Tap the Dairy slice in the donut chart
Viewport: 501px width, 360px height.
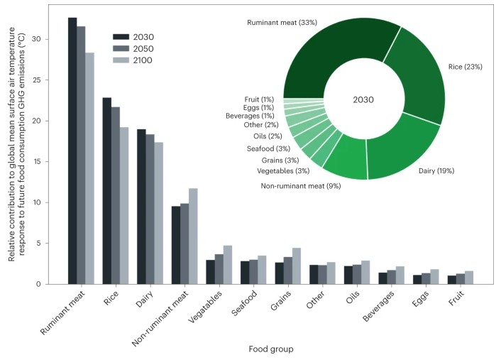pos(402,153)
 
